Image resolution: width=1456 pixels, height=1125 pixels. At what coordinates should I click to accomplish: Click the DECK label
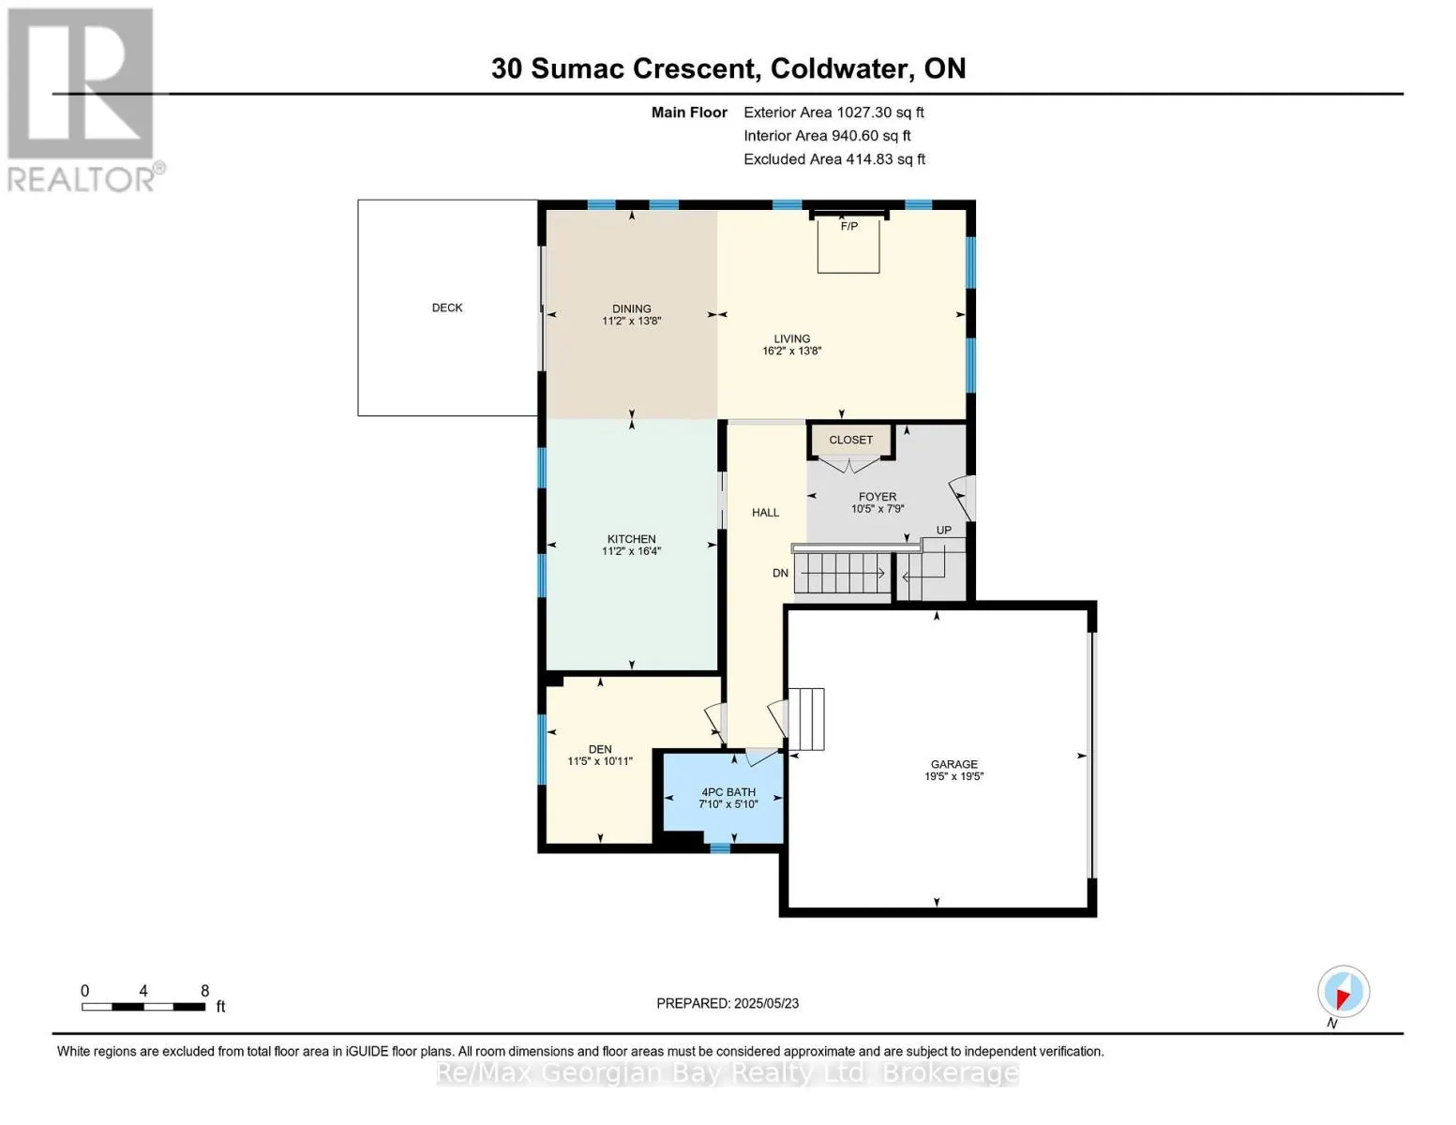point(447,307)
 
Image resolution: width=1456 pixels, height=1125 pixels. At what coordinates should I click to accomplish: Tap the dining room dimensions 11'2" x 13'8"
point(631,321)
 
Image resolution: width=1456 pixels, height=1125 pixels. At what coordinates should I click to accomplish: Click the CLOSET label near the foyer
point(850,440)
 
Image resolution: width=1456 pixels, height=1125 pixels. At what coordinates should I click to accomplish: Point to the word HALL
point(765,513)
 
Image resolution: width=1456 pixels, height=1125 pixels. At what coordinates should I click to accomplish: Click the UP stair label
point(943,531)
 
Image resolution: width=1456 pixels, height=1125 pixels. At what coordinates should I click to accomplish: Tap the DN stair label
point(780,573)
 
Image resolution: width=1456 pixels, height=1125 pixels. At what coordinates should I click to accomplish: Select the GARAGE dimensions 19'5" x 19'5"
point(953,776)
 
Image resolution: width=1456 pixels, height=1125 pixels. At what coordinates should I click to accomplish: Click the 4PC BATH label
point(728,792)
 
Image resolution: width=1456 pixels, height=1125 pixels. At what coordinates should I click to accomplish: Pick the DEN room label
point(600,749)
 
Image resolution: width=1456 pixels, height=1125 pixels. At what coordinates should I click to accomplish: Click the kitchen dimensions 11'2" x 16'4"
point(631,551)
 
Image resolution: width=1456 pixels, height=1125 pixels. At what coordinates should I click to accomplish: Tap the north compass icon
point(1343,992)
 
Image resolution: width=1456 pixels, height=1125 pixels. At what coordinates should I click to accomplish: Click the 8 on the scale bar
point(204,991)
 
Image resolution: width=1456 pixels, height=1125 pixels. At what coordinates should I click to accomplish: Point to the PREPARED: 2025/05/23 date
point(728,1003)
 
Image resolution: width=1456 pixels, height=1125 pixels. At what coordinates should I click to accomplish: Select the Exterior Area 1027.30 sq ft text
point(833,112)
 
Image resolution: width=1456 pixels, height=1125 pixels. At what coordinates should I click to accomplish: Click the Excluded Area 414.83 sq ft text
point(833,159)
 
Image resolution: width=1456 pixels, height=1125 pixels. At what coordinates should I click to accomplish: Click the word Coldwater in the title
point(842,68)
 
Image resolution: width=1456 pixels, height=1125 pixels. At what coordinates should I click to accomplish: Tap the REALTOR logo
point(82,98)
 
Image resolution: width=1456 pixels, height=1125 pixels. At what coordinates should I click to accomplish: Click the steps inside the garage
point(806,719)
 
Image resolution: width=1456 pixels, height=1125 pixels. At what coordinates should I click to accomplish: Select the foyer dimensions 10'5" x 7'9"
point(877,509)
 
